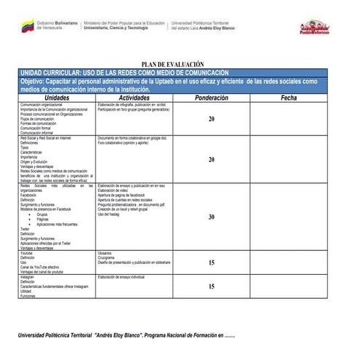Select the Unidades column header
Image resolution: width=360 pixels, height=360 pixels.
click(57, 97)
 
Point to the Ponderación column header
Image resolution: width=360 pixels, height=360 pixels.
click(211, 97)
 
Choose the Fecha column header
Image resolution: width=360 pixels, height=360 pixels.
click(289, 97)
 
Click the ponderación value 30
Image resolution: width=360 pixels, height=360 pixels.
click(211, 217)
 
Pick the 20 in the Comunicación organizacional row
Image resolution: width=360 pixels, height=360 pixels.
click(211, 119)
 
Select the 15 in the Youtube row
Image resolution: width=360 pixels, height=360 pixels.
click(211, 263)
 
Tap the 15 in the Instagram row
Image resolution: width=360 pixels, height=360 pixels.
click(211, 287)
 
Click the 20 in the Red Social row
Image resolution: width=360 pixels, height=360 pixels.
click(211, 159)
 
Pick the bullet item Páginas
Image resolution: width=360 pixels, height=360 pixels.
click(43, 220)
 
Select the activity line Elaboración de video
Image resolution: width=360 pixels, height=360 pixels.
click(112, 191)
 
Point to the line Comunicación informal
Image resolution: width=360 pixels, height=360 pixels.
click(36, 133)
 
